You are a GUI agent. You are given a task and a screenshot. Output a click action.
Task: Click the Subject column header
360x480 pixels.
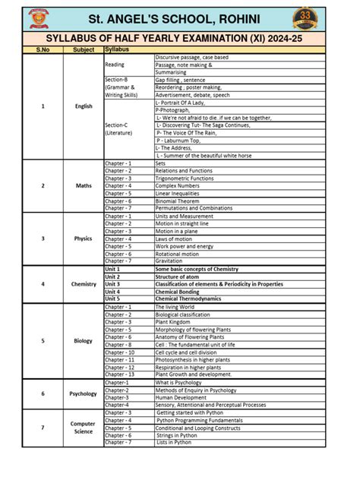84,49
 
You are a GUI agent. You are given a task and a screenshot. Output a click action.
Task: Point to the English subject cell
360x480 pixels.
84,106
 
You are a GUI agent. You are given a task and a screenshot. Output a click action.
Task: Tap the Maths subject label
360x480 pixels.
84,185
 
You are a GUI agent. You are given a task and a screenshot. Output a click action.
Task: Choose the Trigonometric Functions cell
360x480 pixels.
185,178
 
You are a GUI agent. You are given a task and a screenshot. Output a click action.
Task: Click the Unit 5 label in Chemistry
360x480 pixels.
112,299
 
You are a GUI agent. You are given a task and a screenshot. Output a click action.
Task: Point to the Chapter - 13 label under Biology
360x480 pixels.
118,374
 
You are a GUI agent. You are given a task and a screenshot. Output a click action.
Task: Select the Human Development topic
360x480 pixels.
181,397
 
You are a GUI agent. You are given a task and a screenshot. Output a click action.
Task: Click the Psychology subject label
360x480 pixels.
84,393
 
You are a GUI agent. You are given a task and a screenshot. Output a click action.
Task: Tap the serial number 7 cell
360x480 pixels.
43,428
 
